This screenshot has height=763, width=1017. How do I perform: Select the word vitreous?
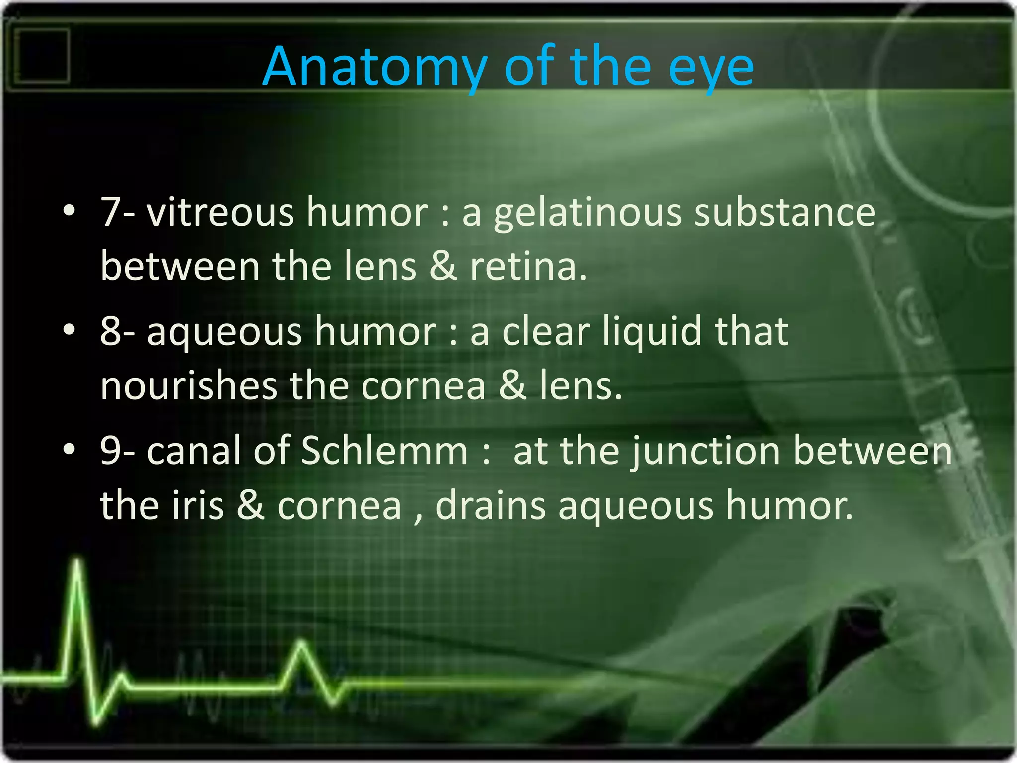point(220,212)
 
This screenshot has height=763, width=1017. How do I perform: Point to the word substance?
point(785,212)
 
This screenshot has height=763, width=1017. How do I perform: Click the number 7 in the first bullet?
point(110,212)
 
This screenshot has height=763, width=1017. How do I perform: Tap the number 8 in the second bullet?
point(110,331)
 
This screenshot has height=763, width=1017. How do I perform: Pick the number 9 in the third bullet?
point(110,451)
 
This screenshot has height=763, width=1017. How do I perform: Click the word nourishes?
point(189,386)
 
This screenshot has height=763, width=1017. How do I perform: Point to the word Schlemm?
point(384,451)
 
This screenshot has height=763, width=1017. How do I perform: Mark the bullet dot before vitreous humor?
point(70,211)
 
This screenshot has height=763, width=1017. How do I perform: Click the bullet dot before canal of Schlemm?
point(70,449)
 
